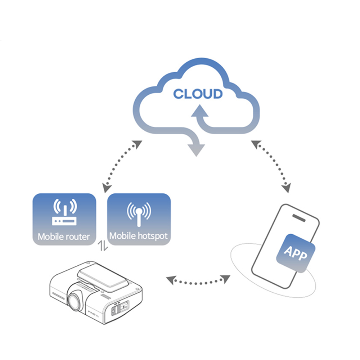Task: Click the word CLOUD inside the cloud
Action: coord(198,94)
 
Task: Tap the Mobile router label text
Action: coord(64,237)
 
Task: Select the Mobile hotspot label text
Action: coord(139,236)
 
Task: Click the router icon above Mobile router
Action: coord(64,213)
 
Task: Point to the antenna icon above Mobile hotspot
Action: coord(139,214)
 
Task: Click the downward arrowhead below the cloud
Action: coord(196,149)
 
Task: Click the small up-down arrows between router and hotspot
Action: coord(102,247)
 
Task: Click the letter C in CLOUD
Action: coord(179,94)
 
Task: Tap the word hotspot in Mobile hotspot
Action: coord(152,236)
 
